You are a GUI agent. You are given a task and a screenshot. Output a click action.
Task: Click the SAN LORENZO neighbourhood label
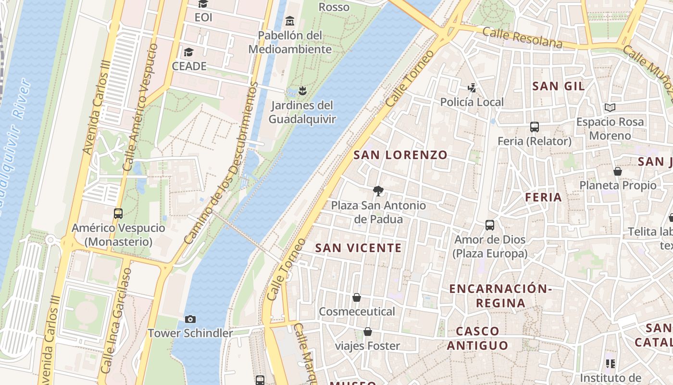coord(400,155)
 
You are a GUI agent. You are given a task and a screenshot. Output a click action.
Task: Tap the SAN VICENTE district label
coord(358,248)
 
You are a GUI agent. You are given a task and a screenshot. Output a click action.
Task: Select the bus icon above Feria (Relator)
coord(534,127)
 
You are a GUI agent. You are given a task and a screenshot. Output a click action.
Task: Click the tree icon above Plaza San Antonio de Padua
coord(378,191)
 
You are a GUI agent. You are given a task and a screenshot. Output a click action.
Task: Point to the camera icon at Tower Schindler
coord(190,319)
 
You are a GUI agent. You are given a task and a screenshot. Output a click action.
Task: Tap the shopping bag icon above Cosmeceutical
coord(357,297)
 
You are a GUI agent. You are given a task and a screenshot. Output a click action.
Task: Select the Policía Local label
coord(472,102)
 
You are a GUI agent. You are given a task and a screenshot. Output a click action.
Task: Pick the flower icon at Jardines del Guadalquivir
coord(302,90)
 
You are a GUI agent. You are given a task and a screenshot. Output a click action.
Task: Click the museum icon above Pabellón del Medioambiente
coord(290,21)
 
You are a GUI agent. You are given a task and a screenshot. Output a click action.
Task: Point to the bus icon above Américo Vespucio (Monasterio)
coord(118,213)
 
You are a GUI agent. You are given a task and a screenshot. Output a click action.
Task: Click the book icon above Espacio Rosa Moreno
coord(610,107)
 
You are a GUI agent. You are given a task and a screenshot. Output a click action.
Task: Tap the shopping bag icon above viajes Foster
coord(368,332)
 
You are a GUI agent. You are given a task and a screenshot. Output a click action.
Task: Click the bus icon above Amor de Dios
coord(490,225)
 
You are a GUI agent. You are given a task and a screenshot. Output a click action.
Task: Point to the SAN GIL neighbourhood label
coord(559,86)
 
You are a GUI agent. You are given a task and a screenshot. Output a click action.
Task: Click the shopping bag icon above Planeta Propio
coord(618,171)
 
